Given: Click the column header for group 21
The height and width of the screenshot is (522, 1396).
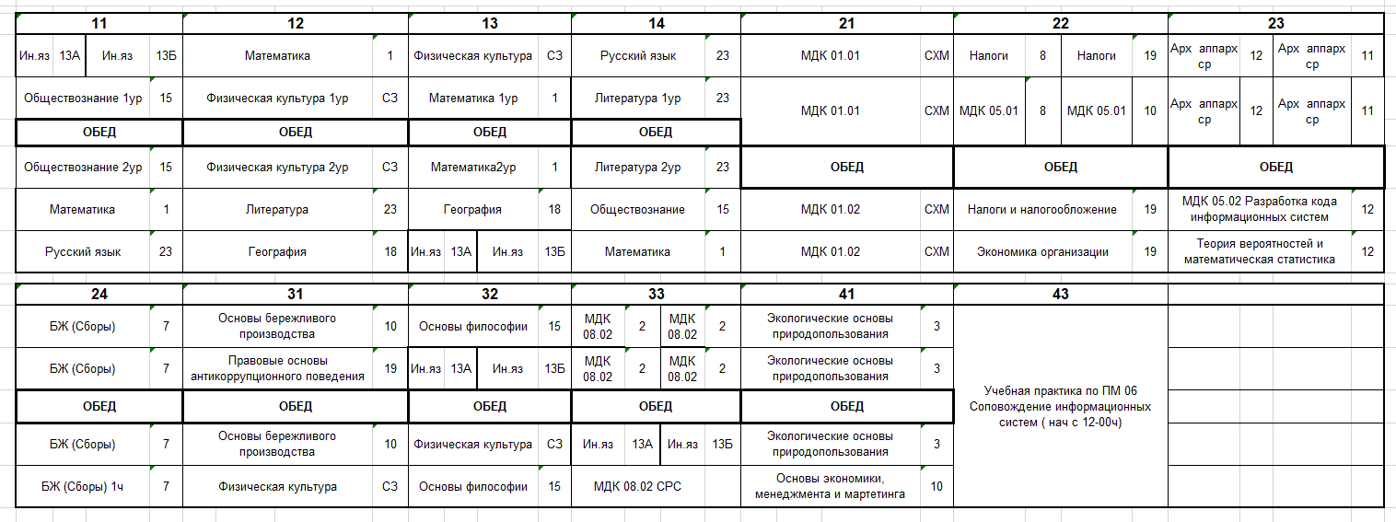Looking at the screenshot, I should [846, 24].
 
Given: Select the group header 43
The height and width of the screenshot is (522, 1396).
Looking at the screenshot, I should [1060, 295].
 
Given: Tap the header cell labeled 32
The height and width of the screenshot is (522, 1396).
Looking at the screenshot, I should [489, 295].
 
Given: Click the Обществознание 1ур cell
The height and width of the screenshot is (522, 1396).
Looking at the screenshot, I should [83, 98].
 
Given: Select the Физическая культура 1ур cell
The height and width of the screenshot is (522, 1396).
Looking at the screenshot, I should [277, 98].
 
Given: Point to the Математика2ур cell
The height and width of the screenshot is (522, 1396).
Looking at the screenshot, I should [473, 168].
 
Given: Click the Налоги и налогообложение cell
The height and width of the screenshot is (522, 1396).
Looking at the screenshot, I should [1041, 210].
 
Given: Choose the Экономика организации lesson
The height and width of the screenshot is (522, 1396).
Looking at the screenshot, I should [1041, 251].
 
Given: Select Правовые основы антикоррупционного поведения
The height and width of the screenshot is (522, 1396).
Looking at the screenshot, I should [277, 368].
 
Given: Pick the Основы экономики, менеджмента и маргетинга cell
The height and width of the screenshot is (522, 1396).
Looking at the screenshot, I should [830, 486].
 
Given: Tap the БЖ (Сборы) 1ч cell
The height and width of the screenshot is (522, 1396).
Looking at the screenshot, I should [83, 486].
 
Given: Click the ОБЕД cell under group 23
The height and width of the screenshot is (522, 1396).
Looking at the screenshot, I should [1275, 168].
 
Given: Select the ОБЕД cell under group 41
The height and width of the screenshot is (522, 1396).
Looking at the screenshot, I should [846, 406].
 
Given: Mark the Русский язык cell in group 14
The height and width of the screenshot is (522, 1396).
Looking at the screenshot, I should [637, 56].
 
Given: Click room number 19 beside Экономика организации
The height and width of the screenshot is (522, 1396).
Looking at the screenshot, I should [1150, 251].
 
